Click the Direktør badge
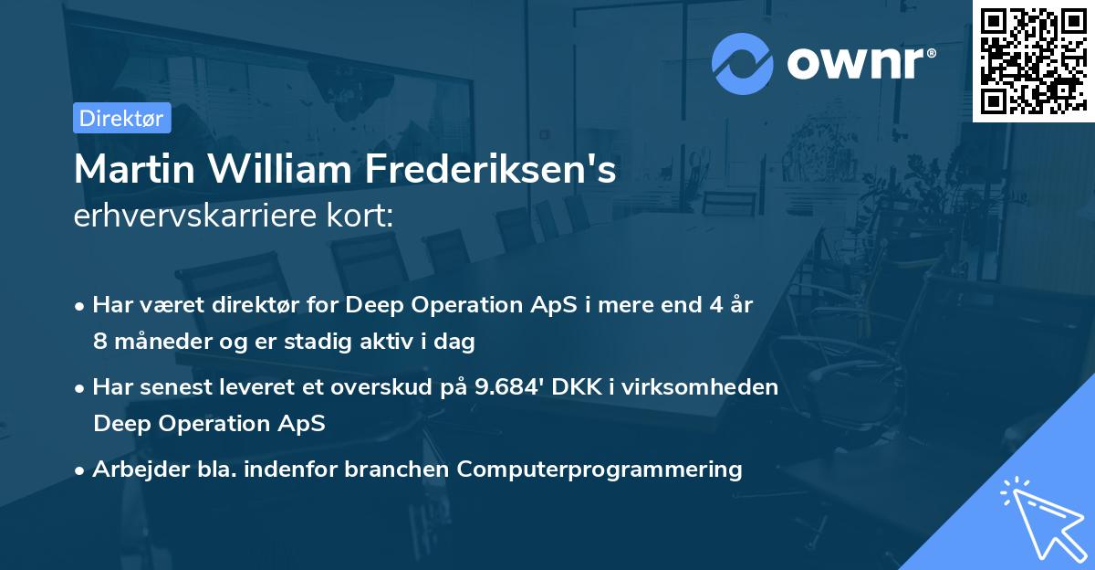pyautogui.click(x=121, y=118)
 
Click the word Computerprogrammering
pyautogui.click(x=600, y=470)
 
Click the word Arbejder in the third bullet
pyautogui.click(x=131, y=470)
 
